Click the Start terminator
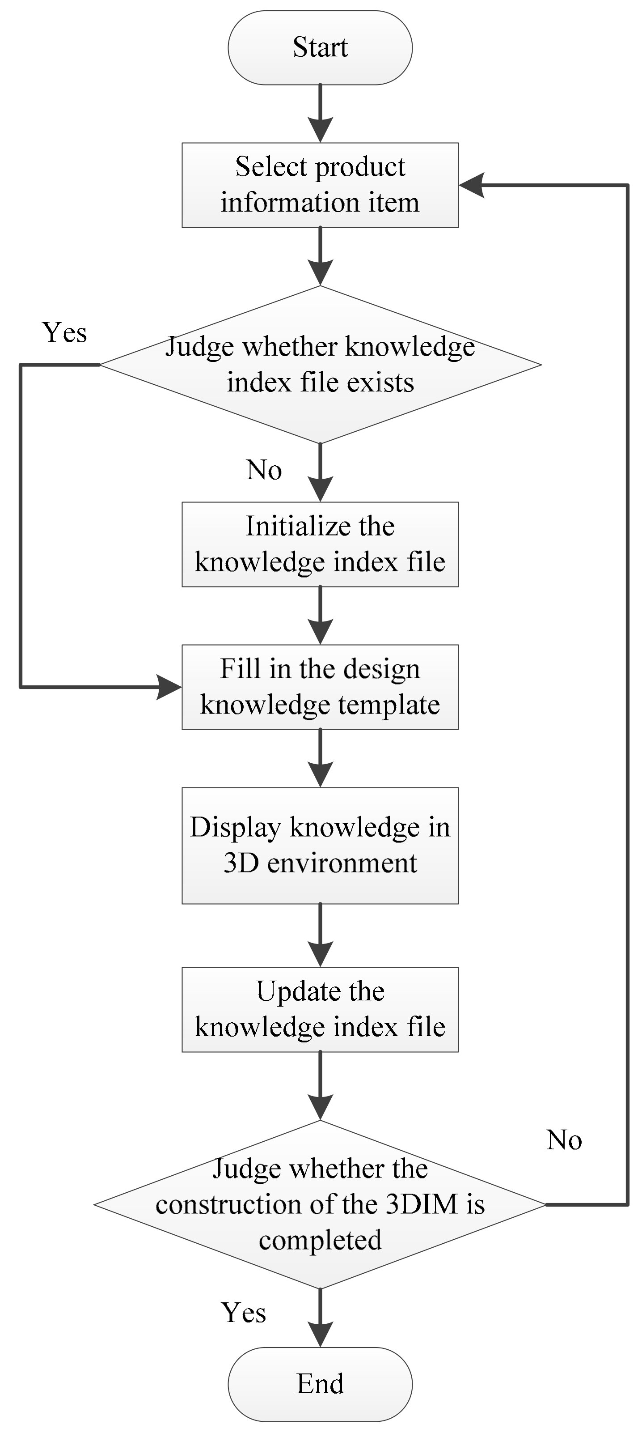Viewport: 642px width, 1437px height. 320,48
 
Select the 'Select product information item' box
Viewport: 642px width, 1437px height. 320,185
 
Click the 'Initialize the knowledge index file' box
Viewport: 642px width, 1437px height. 320,544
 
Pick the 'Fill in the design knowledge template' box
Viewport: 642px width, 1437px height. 320,687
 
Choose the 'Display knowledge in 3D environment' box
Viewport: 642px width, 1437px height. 320,845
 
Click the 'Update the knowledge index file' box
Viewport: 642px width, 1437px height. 320,1009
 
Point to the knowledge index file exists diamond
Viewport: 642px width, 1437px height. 320,364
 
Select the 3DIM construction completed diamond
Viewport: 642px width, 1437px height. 320,1204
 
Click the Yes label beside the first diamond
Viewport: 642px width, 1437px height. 65,333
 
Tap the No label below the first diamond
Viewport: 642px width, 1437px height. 264,470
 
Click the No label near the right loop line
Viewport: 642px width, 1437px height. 564,1139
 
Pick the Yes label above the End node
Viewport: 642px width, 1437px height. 244,1313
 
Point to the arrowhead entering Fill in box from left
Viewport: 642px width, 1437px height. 169,687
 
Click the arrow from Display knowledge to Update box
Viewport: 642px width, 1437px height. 320,935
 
